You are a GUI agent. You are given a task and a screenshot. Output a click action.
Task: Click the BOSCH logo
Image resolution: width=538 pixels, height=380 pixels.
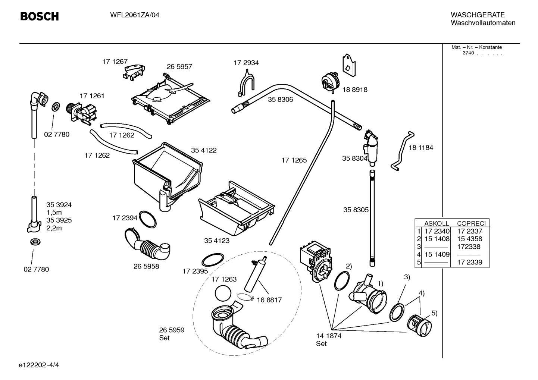tap(39, 16)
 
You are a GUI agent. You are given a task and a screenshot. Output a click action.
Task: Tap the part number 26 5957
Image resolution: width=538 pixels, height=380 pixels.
tap(179, 67)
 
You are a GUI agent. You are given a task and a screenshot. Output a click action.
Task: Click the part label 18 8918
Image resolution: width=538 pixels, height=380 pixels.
tap(354, 89)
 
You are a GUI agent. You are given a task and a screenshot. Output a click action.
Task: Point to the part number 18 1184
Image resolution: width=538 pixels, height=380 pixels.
tap(420, 148)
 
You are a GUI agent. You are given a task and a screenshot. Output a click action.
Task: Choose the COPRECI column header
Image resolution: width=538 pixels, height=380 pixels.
tap(471, 223)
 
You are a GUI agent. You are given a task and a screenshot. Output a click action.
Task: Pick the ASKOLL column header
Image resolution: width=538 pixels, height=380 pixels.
tap(436, 223)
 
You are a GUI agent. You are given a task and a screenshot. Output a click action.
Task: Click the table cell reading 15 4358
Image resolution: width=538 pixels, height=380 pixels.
tap(469, 239)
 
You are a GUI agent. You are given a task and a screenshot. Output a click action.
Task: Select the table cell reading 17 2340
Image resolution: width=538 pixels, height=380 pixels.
tap(437, 231)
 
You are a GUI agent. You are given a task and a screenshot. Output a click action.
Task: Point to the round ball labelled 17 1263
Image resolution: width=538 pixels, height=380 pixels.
tap(223, 293)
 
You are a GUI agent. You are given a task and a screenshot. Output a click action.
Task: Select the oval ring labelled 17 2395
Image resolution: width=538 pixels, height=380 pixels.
tap(213, 259)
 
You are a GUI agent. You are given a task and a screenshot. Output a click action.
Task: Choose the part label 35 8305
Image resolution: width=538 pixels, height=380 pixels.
tap(356, 210)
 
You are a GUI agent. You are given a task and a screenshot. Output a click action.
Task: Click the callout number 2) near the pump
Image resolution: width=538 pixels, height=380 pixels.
tap(348, 266)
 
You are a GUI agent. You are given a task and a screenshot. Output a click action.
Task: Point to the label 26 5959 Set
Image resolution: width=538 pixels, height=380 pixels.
tap(171, 334)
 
